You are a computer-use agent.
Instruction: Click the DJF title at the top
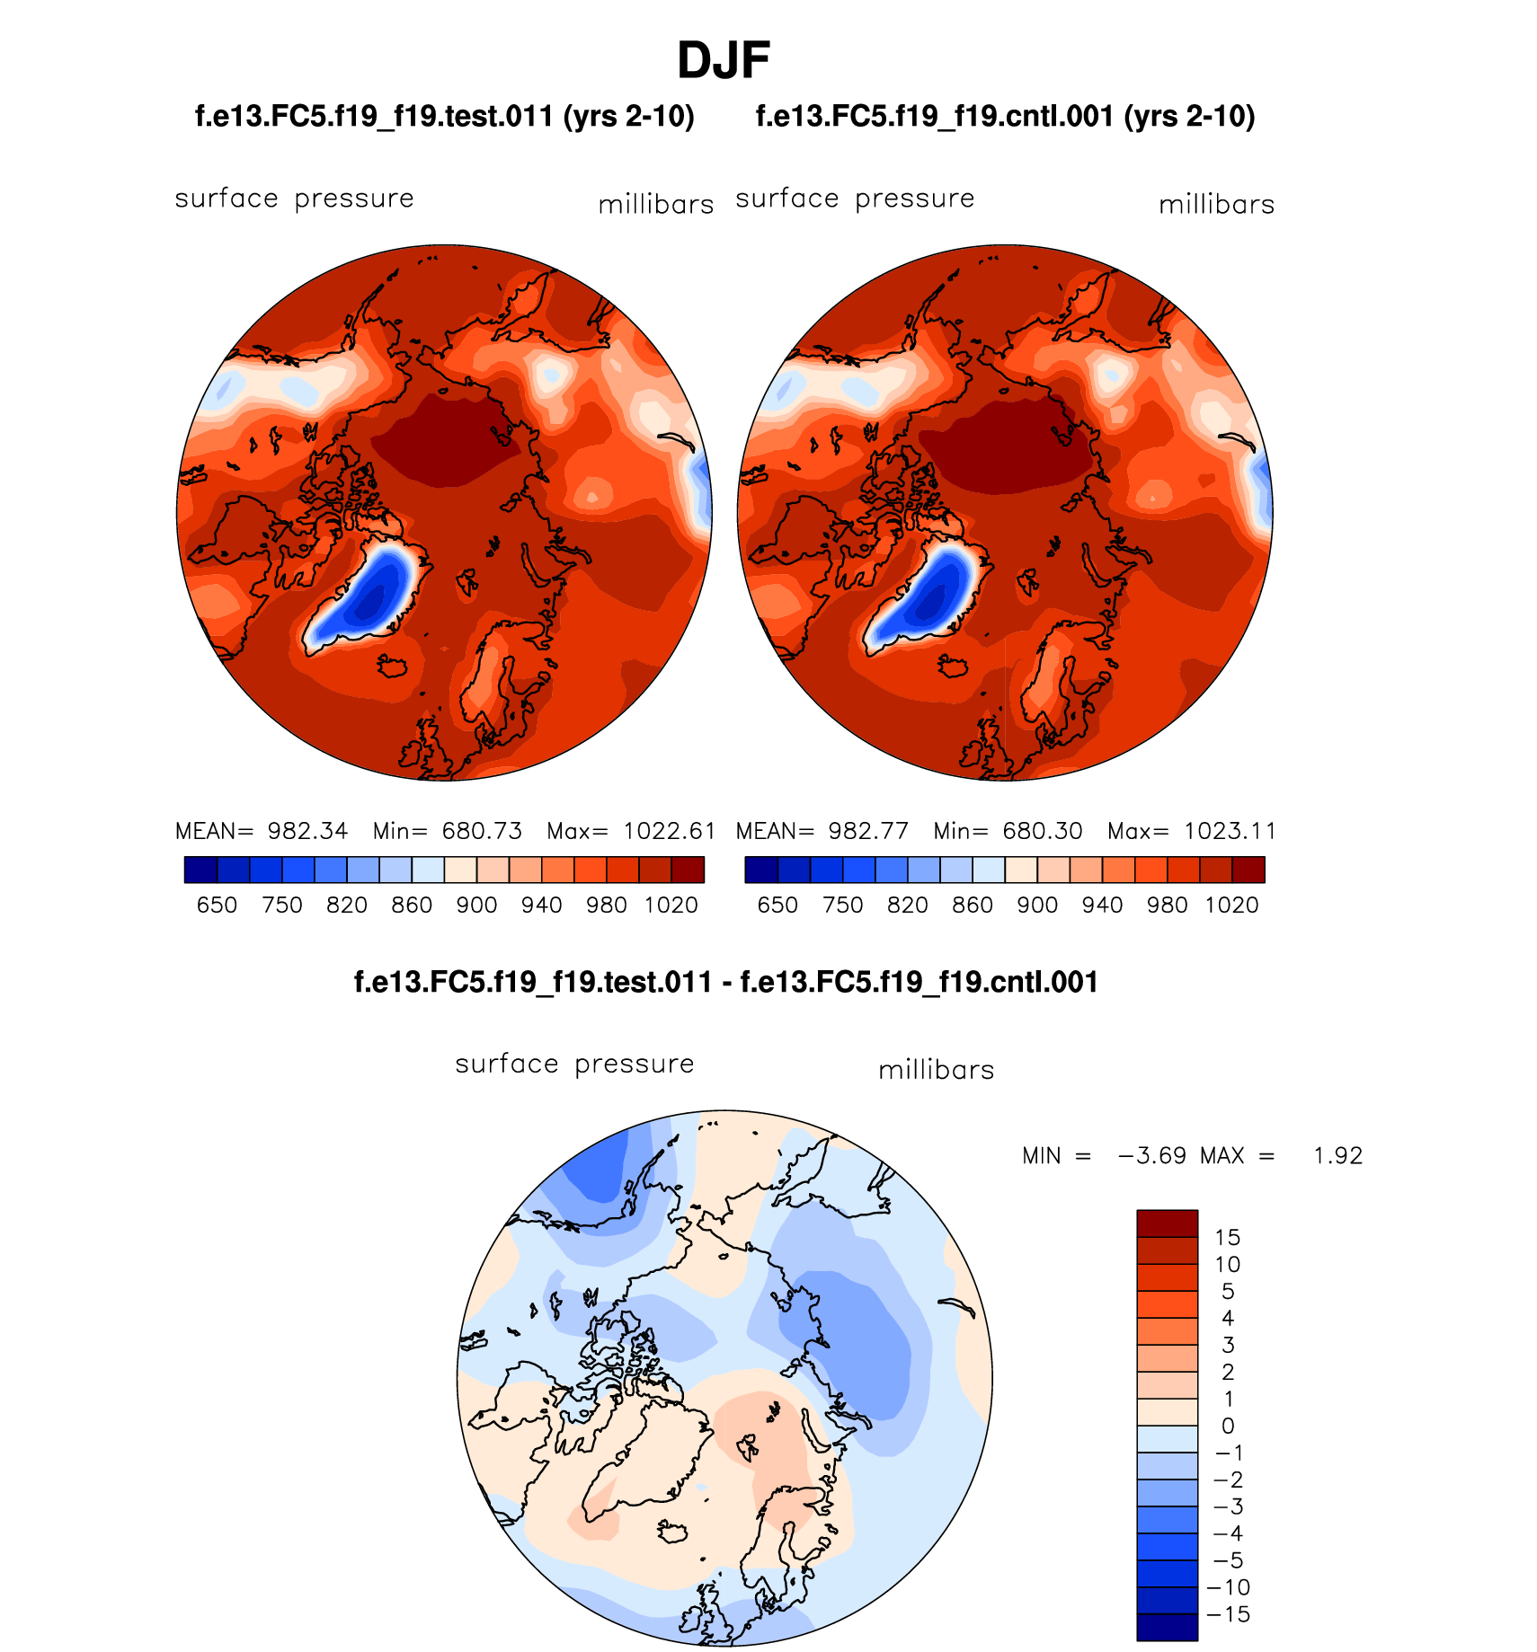[x=723, y=61]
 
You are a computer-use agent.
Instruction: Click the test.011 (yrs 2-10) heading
[x=445, y=117]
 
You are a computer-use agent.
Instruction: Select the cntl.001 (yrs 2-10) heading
[x=1005, y=117]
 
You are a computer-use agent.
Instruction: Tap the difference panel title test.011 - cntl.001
[x=726, y=982]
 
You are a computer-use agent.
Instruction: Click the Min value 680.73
[x=482, y=831]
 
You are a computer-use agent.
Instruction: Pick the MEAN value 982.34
[x=307, y=831]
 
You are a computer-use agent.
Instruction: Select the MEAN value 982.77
[x=868, y=831]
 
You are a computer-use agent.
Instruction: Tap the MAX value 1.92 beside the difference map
[x=1337, y=1155]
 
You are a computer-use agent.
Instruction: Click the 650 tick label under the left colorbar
[x=217, y=905]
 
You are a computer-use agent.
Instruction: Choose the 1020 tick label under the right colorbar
[x=1231, y=905]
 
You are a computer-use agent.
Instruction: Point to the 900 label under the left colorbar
[x=476, y=905]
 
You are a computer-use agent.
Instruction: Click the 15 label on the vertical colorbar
[x=1227, y=1238]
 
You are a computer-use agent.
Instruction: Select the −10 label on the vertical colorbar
[x=1228, y=1587]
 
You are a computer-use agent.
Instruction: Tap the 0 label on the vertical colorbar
[x=1227, y=1426]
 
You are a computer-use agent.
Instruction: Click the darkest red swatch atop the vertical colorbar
[x=1167, y=1224]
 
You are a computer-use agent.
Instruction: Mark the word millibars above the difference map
[x=936, y=1070]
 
